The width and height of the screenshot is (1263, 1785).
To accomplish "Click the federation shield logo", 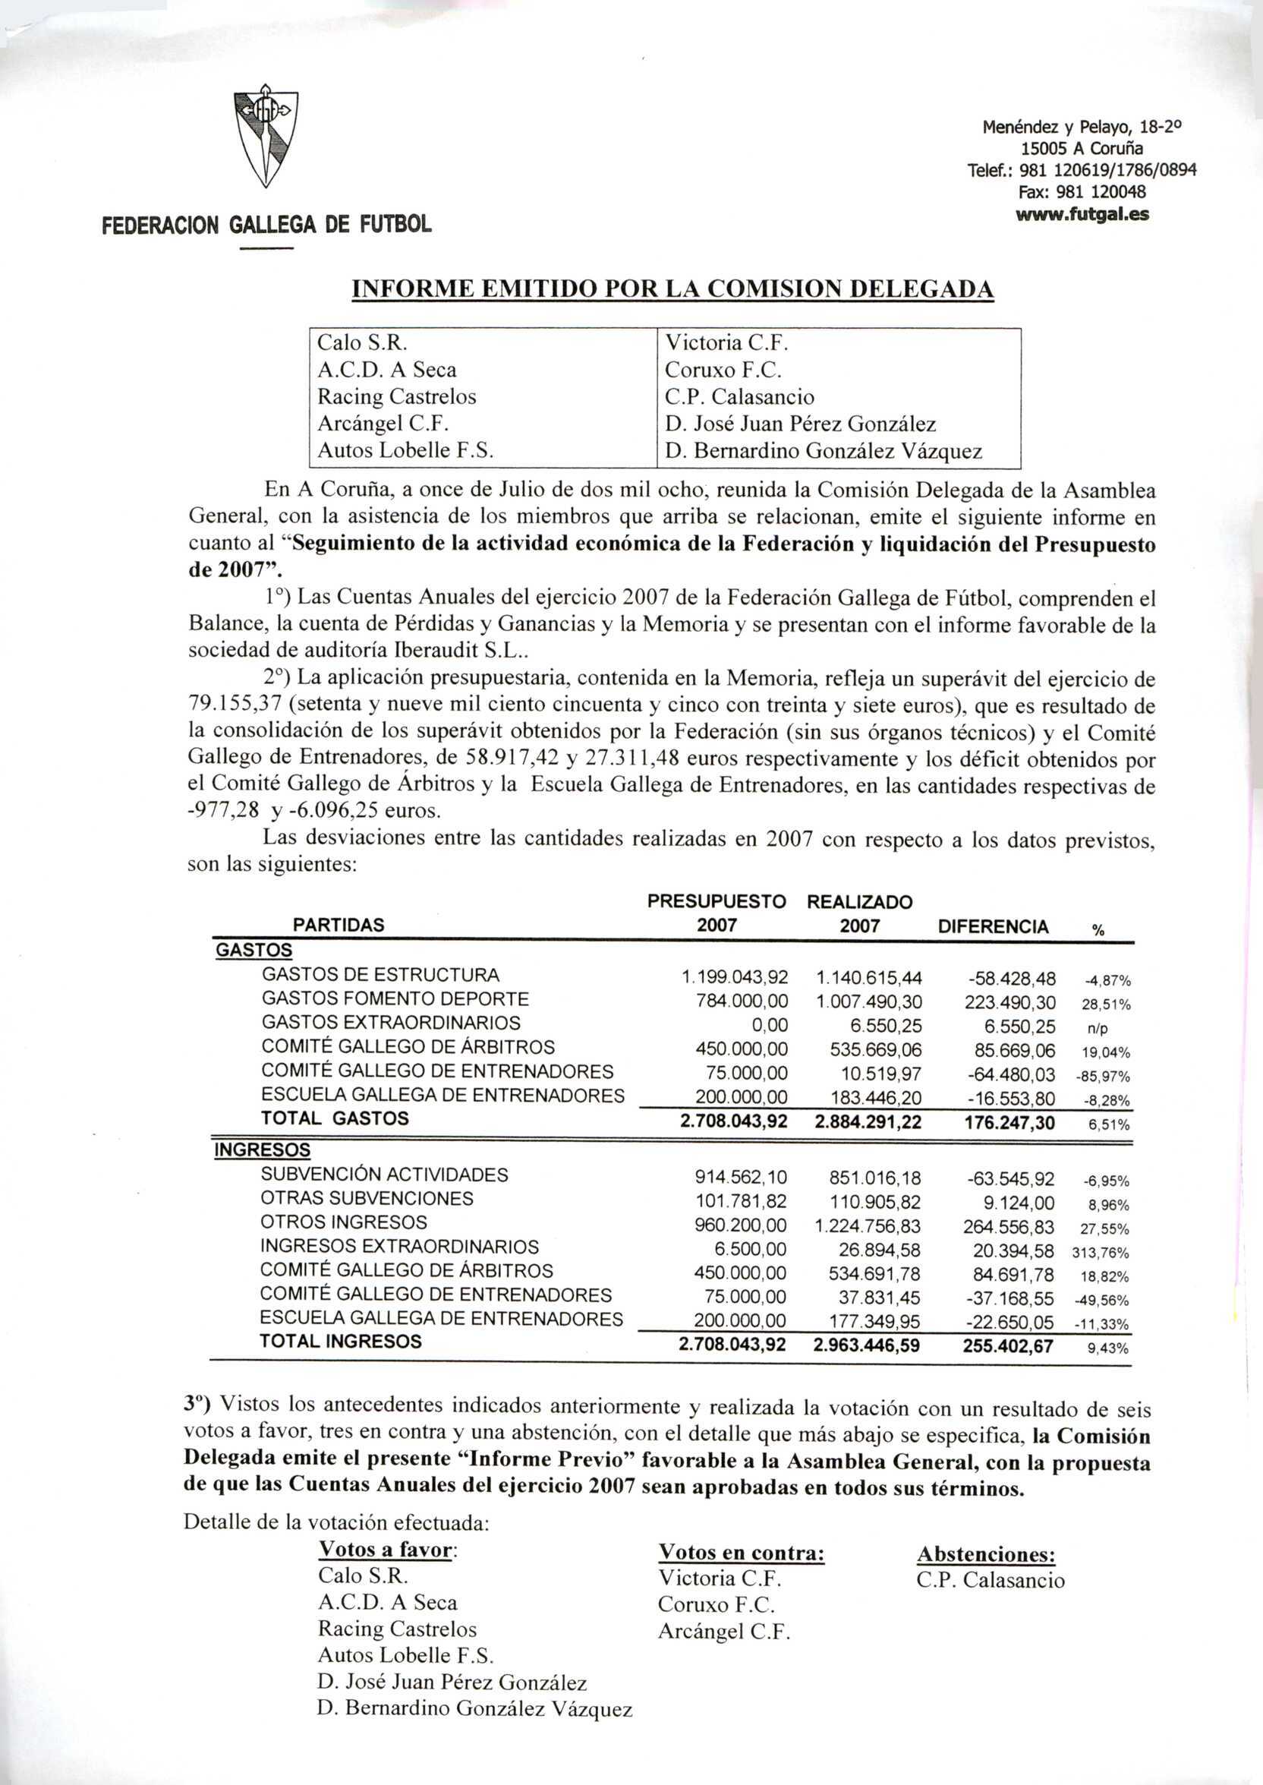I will click(266, 137).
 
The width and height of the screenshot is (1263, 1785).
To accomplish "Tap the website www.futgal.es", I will click(1082, 214).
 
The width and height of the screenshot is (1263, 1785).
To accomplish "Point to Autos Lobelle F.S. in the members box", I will click(406, 450).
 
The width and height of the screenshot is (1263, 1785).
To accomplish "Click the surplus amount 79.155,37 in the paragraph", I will click(240, 705).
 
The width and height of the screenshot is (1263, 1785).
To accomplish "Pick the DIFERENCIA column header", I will click(993, 926).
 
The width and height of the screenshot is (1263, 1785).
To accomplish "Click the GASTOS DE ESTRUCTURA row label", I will click(380, 975).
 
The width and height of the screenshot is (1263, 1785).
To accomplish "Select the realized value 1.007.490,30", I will click(869, 1001).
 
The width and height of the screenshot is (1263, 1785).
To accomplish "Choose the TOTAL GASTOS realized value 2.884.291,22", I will click(867, 1121).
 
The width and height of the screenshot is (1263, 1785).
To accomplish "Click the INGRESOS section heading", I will click(262, 1150).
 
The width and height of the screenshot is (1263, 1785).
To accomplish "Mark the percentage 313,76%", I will click(1100, 1253).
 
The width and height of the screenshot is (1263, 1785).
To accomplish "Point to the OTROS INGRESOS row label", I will click(344, 1222).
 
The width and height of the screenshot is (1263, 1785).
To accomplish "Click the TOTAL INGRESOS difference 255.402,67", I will click(1008, 1345).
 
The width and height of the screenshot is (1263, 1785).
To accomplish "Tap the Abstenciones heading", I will click(986, 1554).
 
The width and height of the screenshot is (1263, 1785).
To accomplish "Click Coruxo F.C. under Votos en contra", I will click(717, 1604).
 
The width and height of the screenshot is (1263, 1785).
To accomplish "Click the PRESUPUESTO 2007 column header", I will click(717, 913).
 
